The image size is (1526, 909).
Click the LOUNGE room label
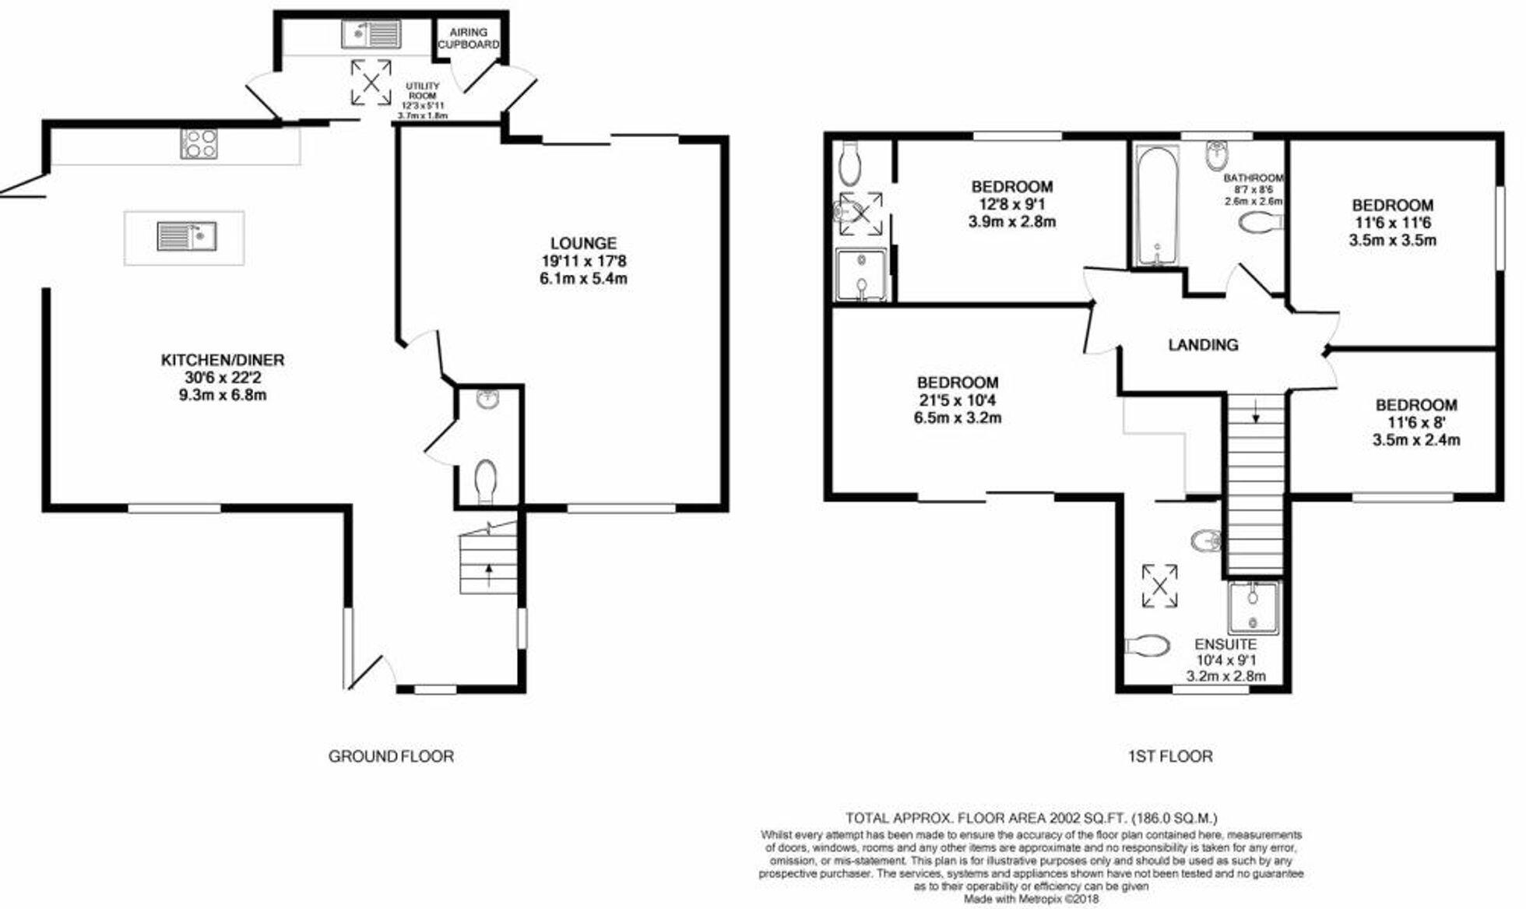point(583,244)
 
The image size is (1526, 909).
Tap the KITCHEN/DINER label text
point(223,360)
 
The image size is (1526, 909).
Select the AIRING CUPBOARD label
point(468,38)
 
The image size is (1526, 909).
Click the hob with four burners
point(199,144)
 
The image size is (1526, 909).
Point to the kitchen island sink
point(187,236)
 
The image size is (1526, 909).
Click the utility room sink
point(371,34)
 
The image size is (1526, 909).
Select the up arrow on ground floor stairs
point(488,576)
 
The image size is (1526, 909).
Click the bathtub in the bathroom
point(1158,206)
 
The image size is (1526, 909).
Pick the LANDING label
point(1203,344)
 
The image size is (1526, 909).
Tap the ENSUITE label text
point(1225,644)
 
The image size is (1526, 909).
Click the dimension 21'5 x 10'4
point(958,400)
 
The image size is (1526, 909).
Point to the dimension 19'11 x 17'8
point(583,261)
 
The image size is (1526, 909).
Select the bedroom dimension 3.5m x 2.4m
point(1415,440)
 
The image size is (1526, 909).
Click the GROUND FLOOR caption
point(391,756)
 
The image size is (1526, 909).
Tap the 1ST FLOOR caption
point(1170,756)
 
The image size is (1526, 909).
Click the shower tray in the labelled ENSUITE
point(1253,608)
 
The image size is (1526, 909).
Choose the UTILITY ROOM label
point(423,90)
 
